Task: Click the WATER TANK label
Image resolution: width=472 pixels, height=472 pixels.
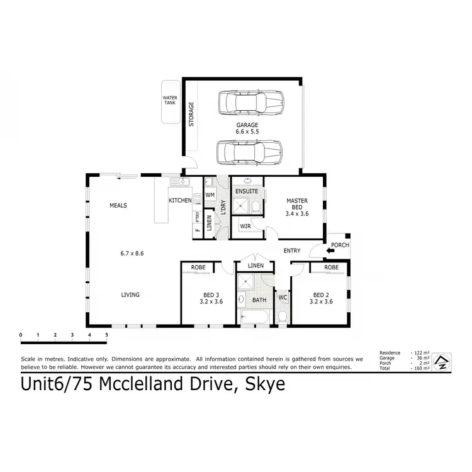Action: point(170,100)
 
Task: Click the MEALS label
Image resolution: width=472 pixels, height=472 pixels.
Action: point(118,205)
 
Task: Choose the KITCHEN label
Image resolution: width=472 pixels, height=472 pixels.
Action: point(179,200)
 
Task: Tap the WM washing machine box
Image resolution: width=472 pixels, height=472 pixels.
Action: point(210,196)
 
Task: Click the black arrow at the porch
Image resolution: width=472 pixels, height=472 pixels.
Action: point(331,252)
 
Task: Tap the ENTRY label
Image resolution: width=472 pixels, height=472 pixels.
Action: point(292,251)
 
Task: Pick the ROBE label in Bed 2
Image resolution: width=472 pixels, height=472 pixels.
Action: point(331,267)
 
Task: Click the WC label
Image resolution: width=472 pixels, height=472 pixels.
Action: point(283,297)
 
